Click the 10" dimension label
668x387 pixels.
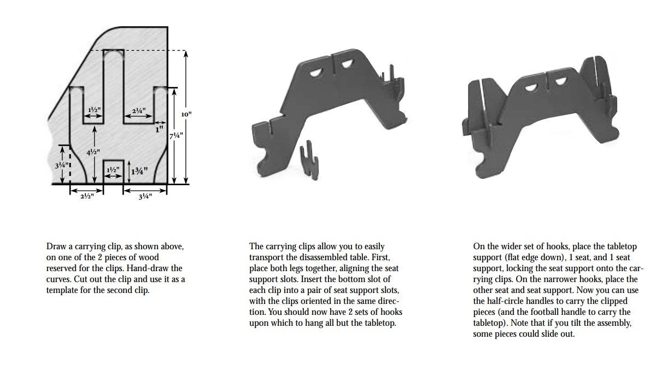[186, 114]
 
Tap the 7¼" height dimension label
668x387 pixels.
[176, 136]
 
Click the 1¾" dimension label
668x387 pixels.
[140, 171]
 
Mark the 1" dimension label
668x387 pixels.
[159, 130]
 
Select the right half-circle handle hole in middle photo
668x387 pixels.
[346, 65]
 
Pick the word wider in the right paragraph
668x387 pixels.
[509, 247]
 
